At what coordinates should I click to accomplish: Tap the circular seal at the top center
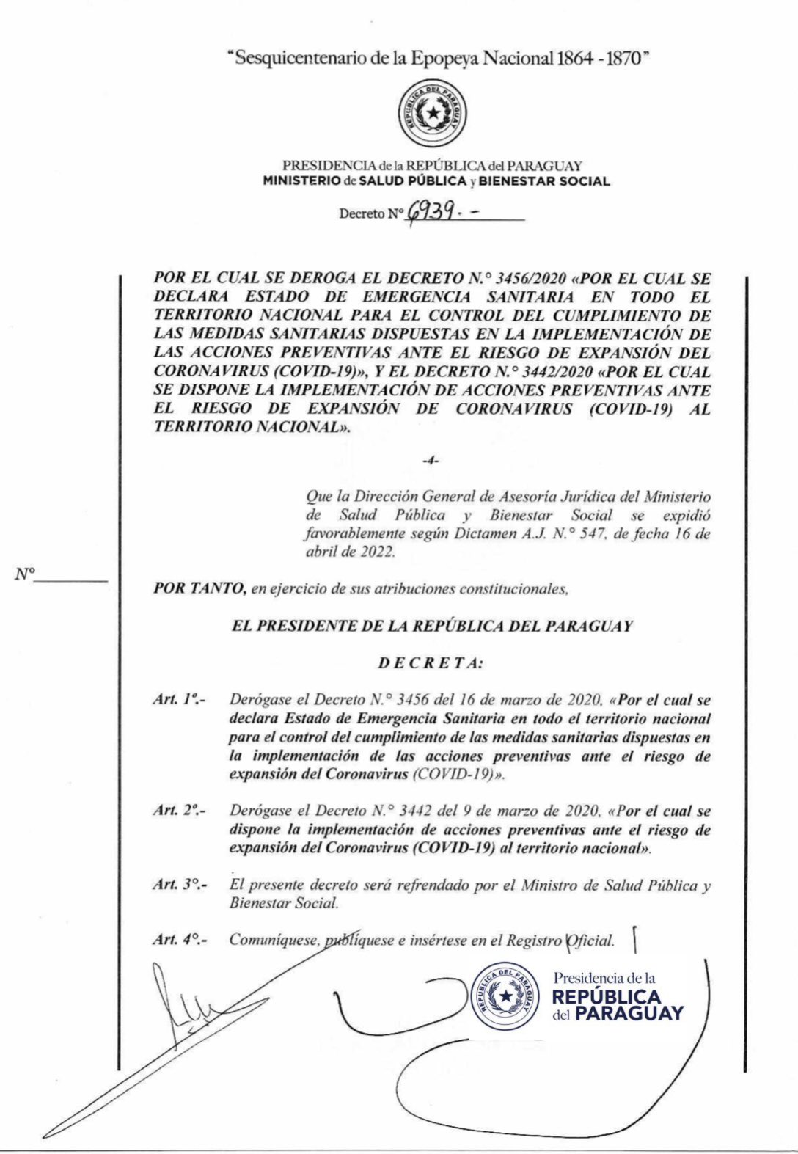(436, 113)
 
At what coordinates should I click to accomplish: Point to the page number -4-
(431, 460)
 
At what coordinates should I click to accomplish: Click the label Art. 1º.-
(179, 699)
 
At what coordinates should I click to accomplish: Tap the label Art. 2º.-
(179, 811)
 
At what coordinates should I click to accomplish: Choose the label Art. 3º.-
(179, 884)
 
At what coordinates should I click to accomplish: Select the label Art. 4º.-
(179, 940)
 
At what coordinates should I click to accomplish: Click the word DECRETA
(431, 663)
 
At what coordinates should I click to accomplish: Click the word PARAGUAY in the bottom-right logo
(629, 1014)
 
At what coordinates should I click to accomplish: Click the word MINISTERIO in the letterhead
(301, 181)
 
